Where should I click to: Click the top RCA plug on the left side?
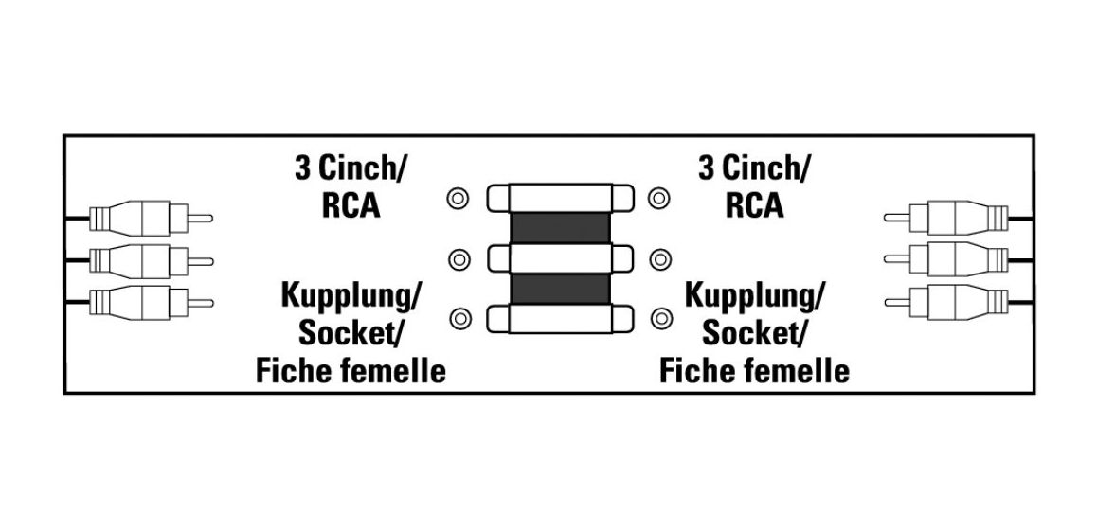[x=151, y=219]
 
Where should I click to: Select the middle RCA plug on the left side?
[x=151, y=261]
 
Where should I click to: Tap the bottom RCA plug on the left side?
[x=151, y=303]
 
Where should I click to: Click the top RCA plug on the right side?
[x=946, y=218]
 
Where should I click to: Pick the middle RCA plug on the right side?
[x=946, y=260]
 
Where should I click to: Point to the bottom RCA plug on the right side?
[x=946, y=303]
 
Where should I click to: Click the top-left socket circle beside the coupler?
[x=458, y=199]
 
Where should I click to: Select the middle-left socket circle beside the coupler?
[x=459, y=260]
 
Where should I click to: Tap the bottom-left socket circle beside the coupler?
[x=459, y=320]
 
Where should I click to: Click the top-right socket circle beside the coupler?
[x=659, y=199]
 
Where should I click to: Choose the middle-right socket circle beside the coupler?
[x=659, y=260]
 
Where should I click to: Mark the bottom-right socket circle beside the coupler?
[x=660, y=319]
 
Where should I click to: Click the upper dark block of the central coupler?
[x=560, y=228]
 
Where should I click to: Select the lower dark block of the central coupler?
[x=560, y=289]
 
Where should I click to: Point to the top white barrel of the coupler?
[x=560, y=198]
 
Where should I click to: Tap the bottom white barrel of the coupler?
[x=560, y=319]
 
